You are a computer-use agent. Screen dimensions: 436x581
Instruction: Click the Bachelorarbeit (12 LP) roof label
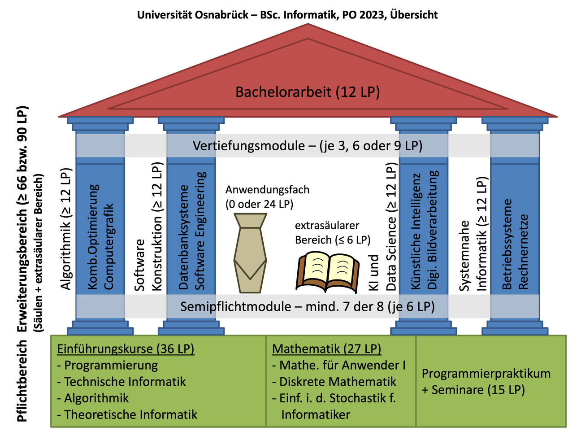pyautogui.click(x=308, y=92)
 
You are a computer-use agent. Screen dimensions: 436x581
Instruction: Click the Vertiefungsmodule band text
pyautogui.click(x=308, y=146)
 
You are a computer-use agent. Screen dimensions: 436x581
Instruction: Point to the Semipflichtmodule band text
pyautogui.click(x=308, y=307)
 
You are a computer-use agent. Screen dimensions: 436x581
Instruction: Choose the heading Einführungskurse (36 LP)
pyautogui.click(x=126, y=349)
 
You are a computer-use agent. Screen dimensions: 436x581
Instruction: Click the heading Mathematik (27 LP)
pyautogui.click(x=326, y=349)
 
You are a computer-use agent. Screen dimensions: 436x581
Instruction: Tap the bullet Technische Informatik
pyautogui.click(x=125, y=382)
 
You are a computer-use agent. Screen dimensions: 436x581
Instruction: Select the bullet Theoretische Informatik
pyautogui.click(x=130, y=414)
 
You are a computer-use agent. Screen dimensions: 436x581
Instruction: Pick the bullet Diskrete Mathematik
pyautogui.click(x=338, y=382)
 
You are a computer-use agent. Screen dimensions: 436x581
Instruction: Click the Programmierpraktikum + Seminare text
pyautogui.click(x=486, y=381)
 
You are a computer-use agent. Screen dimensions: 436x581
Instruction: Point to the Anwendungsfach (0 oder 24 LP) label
pyautogui.click(x=267, y=197)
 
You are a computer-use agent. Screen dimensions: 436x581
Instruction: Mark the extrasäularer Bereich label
pyautogui.click(x=333, y=232)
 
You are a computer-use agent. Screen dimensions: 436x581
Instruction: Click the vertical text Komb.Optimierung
pyautogui.click(x=93, y=237)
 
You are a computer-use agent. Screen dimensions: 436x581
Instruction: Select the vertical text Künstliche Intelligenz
pyautogui.click(x=416, y=231)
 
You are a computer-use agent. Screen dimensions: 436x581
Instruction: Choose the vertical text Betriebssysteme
pyautogui.click(x=507, y=244)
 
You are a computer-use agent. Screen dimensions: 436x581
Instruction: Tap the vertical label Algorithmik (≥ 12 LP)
pyautogui.click(x=66, y=230)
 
